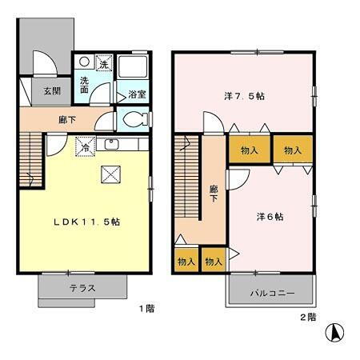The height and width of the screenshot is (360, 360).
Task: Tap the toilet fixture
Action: pos(134,119)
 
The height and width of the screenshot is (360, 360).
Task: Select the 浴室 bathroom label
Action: pos(137,94)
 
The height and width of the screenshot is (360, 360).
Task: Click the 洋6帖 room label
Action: pos(270,216)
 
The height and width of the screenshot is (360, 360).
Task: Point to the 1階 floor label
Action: pos(144,308)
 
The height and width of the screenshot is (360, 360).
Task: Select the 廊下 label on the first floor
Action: pos(68,120)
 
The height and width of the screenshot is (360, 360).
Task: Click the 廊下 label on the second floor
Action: pos(214,194)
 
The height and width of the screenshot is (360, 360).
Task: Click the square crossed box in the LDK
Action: pos(110,174)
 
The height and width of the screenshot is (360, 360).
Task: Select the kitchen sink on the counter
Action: pos(112,145)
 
